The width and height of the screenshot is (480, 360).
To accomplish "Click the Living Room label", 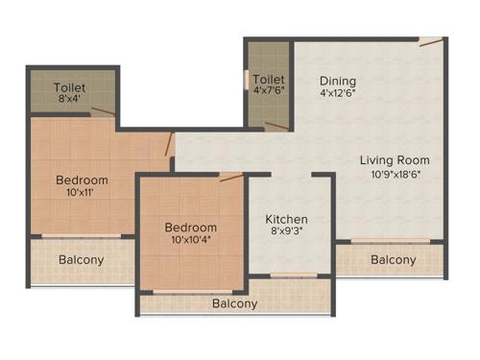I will [x=395, y=159].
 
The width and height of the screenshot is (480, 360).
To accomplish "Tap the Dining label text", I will [x=338, y=81].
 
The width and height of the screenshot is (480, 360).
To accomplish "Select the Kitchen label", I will [x=286, y=219].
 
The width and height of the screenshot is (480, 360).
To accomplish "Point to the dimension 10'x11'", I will [x=82, y=193].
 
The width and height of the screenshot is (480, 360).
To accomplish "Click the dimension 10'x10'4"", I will [x=194, y=241].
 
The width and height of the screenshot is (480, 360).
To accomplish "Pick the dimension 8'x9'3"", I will [x=286, y=232].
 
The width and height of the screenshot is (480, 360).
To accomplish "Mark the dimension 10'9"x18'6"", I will [x=395, y=174].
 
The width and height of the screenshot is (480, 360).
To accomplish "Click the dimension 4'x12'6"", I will [x=338, y=94].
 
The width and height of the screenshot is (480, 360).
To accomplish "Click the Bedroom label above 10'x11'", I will [x=82, y=180].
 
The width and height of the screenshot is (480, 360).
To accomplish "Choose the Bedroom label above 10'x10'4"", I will [x=194, y=228].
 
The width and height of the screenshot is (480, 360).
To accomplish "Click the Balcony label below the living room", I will [x=394, y=259].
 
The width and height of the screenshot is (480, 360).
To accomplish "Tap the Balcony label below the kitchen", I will [x=235, y=303].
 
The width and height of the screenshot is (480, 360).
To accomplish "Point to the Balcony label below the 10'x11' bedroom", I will [x=82, y=259].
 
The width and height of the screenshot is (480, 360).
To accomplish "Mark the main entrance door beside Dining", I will [x=431, y=42].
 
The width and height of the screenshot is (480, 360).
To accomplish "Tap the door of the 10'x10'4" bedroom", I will [x=230, y=176].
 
